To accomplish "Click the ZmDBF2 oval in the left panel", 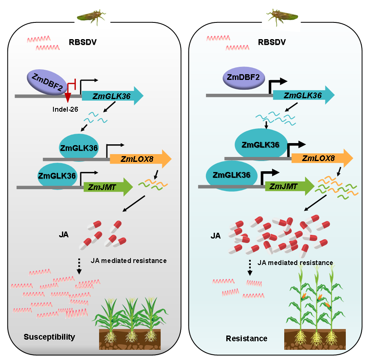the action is point(47,82).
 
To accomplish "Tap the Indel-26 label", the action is point(65,109).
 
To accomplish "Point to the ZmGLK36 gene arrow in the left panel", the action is point(113,96).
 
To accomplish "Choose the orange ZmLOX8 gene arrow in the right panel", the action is point(322,158).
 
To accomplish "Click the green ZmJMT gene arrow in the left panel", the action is point(108,187).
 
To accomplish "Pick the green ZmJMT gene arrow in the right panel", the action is point(290,186).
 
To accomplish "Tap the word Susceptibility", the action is point(49,337).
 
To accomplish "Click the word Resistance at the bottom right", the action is point(246,338).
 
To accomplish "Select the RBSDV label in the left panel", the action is point(83,42).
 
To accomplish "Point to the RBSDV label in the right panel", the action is point(272,42).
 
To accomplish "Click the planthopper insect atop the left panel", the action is point(91,17).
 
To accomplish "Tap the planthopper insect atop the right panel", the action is point(282,17).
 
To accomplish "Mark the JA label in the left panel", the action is point(64,234).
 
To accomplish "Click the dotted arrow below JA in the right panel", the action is point(250,267).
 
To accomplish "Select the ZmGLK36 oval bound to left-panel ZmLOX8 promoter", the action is point(79,148).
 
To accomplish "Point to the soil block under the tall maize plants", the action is point(315,339).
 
